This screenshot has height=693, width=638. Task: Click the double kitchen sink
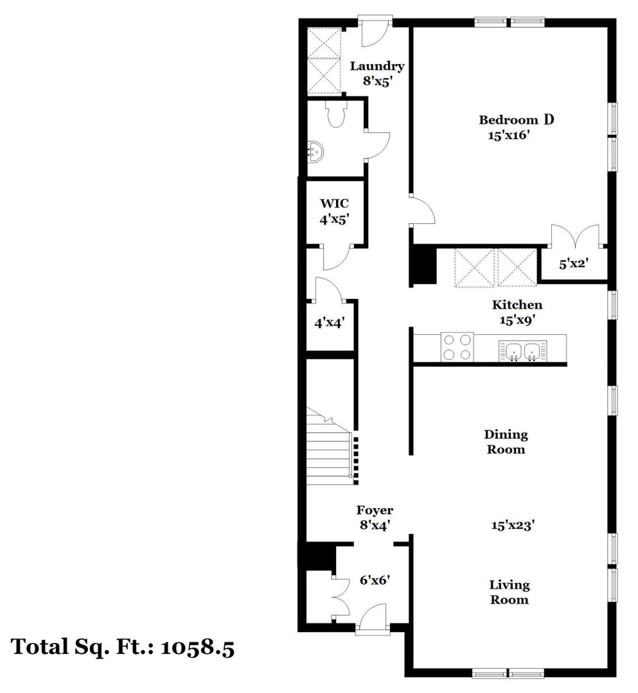point(522,352)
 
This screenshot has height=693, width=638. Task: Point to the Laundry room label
point(377,66)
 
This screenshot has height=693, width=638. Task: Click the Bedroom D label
point(517,119)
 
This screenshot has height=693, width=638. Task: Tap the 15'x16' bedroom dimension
point(509,135)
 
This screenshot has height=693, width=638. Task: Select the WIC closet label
point(335,203)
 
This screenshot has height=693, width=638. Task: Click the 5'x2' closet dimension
point(573,264)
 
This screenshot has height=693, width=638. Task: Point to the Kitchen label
point(517,305)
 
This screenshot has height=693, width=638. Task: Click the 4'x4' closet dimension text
point(329,323)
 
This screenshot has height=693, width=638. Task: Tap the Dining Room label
point(506,442)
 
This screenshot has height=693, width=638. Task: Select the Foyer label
point(375,510)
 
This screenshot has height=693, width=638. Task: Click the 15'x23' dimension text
point(513,525)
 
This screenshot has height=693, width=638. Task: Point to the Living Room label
point(510,592)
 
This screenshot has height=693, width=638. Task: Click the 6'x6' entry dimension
point(375,579)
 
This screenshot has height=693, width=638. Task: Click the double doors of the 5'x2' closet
point(575,236)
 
